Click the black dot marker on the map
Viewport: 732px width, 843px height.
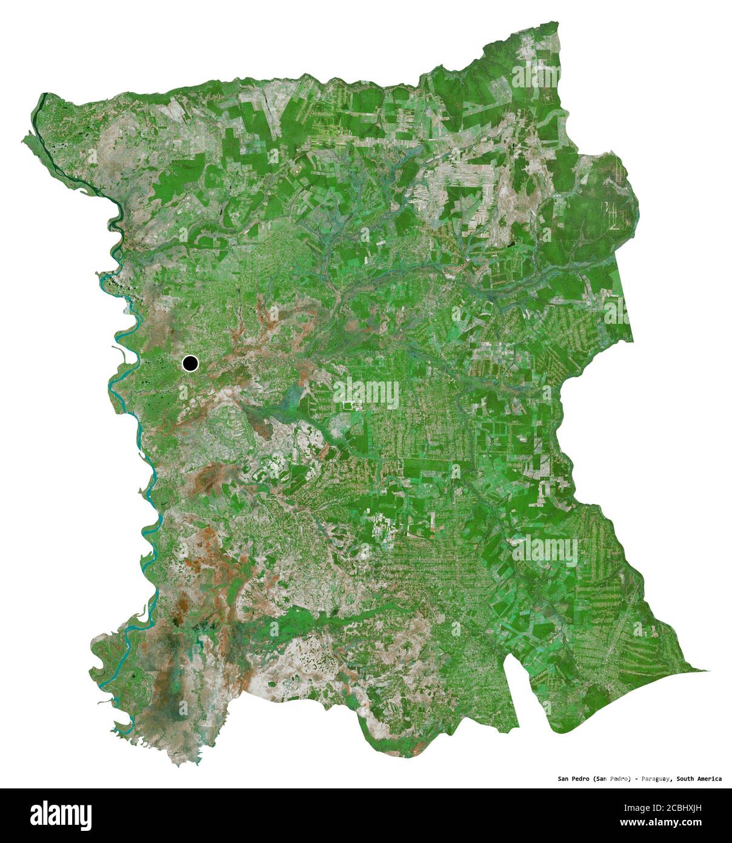[190, 363]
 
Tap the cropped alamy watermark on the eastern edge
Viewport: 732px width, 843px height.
[617, 311]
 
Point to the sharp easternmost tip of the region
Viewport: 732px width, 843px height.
[708, 670]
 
